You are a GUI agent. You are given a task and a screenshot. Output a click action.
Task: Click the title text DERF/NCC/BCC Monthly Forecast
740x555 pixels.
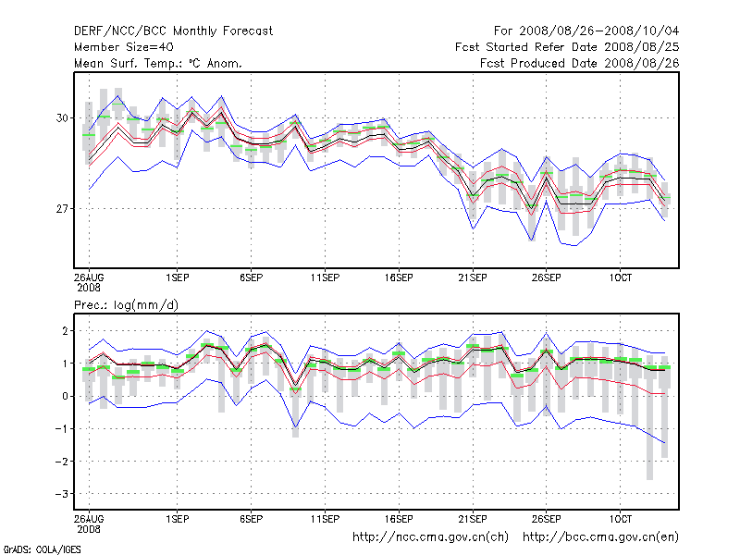(x=173, y=31)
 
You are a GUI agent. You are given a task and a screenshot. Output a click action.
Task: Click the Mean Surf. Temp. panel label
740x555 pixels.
(x=158, y=63)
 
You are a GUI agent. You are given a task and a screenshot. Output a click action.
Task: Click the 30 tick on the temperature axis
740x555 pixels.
(x=63, y=118)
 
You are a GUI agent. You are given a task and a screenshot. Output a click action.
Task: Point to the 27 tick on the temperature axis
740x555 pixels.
(x=63, y=209)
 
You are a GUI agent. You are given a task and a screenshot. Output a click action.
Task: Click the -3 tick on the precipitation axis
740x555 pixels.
(x=62, y=494)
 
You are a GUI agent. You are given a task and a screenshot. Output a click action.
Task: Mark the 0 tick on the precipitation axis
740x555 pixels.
(x=66, y=396)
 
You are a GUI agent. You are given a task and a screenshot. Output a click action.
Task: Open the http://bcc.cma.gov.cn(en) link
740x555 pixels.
(x=601, y=536)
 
